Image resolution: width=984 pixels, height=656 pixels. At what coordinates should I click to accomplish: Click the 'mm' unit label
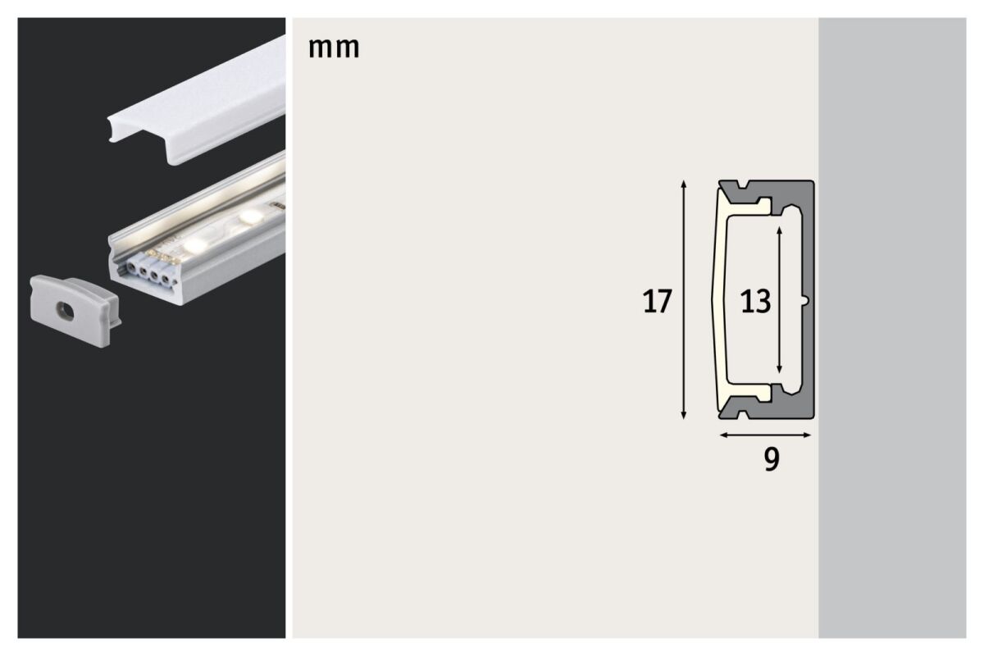pos(334,48)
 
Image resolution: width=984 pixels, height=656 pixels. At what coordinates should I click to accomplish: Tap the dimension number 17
pos(657,302)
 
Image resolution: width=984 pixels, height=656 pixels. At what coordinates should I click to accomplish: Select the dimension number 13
pos(755,302)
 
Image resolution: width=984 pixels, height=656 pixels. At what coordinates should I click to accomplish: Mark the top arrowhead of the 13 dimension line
pos(779,230)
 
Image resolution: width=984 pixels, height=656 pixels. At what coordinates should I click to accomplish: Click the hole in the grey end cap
pos(61,311)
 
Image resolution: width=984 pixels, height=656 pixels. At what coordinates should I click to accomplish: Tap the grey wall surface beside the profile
pos(894,328)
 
